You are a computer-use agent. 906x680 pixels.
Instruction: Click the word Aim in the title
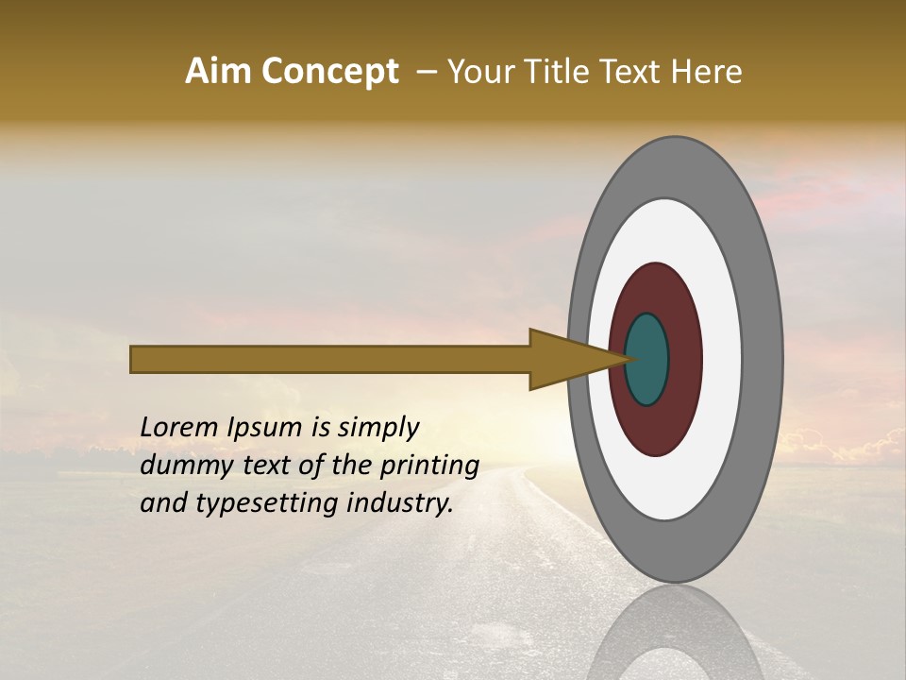coord(220,72)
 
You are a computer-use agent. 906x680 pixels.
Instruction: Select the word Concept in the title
coord(330,73)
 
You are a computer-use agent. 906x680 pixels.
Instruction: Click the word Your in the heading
coord(478,72)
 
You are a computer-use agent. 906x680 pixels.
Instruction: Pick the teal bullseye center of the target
coord(647,359)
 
